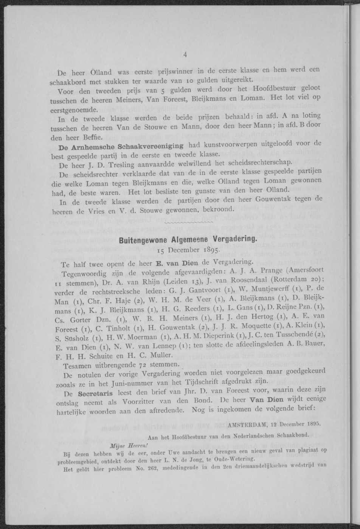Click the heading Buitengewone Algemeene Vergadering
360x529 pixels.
click(x=187, y=240)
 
